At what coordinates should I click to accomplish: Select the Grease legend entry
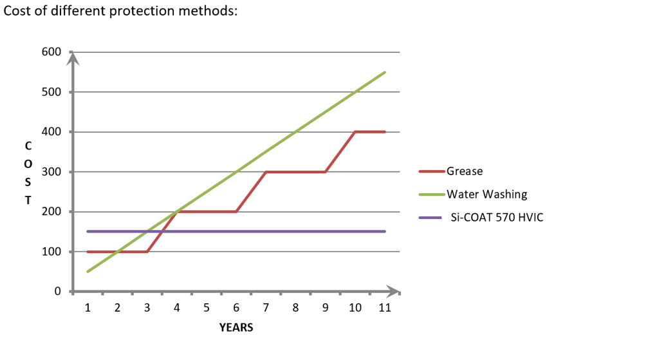tap(464, 171)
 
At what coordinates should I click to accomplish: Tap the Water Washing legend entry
tap(487, 194)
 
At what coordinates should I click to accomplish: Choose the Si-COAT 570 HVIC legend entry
tap(495, 217)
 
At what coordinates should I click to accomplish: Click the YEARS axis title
tap(236, 328)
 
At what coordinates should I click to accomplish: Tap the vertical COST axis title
tap(28, 172)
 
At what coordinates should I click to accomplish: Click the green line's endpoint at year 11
tap(385, 72)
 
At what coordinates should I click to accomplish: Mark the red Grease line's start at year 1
tap(88, 252)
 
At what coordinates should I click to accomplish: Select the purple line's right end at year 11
tap(385, 231)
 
